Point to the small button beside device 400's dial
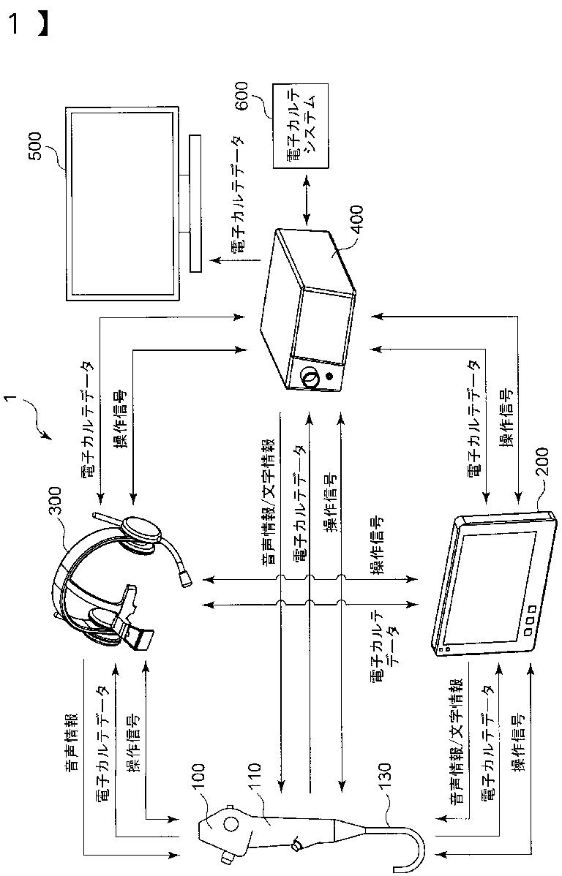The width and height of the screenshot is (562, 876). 330,378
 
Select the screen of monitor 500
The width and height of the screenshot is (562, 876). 121,203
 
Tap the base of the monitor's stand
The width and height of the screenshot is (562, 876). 195,203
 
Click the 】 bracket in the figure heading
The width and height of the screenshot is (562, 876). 43,24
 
